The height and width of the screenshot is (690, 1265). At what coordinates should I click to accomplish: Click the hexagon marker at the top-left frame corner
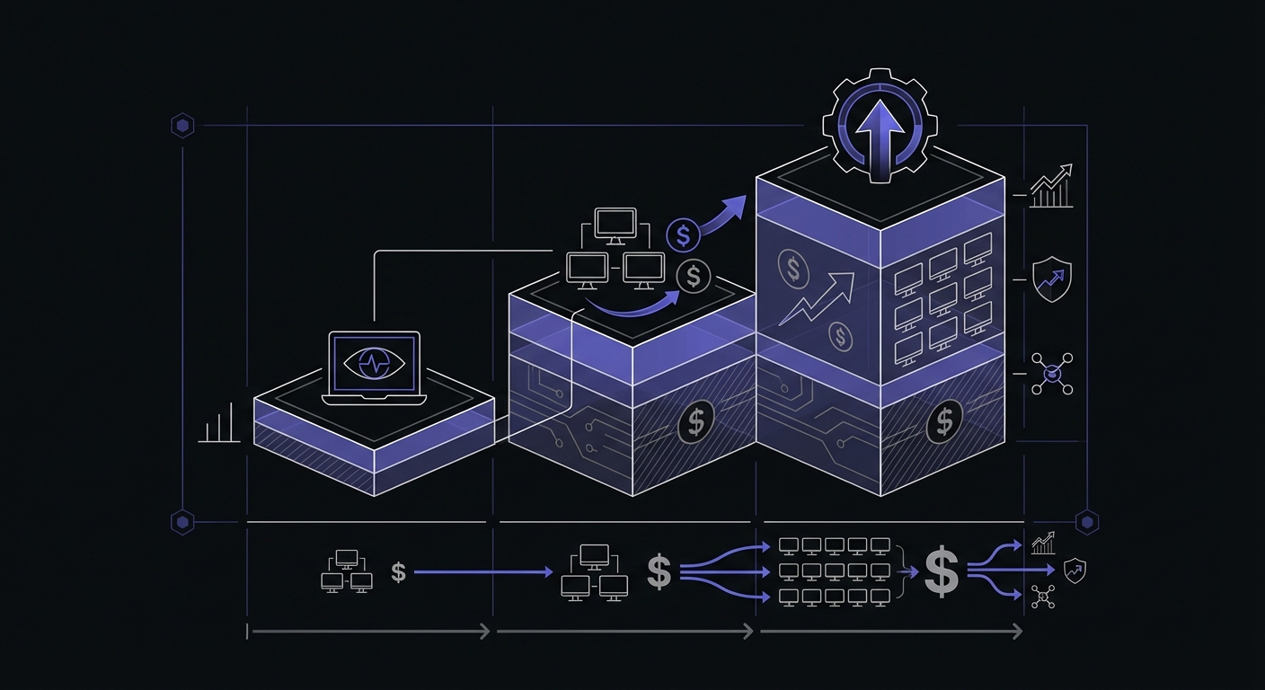[x=182, y=125]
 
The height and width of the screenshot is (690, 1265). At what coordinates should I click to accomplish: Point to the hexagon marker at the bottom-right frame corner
[x=1087, y=521]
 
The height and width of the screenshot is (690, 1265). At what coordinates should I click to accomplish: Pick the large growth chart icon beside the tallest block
[x=1051, y=187]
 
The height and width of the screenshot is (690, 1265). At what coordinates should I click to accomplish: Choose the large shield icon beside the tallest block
[x=1051, y=279]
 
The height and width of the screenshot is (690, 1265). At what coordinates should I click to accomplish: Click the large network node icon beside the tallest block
[x=1051, y=373]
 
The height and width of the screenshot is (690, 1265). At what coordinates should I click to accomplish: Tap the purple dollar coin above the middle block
[x=683, y=236]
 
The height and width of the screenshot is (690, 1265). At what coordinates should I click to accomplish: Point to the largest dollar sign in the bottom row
[x=941, y=571]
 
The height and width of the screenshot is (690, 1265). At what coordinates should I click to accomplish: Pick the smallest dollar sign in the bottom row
[x=399, y=571]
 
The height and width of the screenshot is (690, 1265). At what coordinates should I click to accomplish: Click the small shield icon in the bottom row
[x=1074, y=569]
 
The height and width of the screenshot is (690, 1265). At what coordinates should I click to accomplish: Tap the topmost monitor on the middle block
[x=615, y=225]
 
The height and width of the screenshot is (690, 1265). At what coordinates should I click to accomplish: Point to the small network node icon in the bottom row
[x=1043, y=597]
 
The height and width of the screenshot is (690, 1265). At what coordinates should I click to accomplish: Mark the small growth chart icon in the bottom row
[x=1043, y=543]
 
